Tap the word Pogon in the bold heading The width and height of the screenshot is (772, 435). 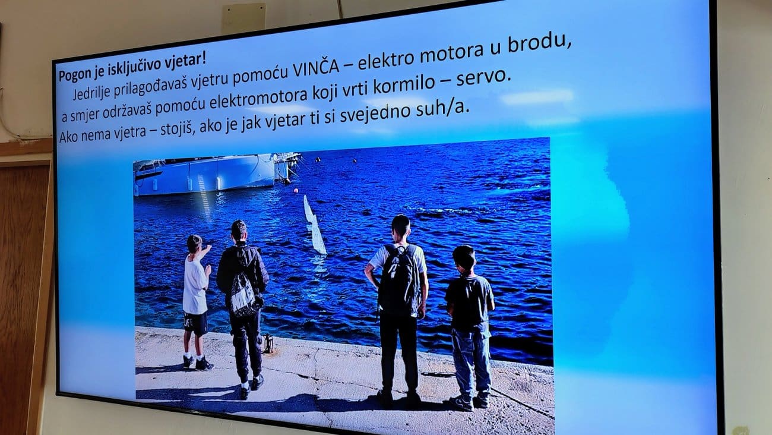(x=73, y=74)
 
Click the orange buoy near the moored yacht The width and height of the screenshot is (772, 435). (x=295, y=190)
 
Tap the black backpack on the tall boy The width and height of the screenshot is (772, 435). (x=400, y=280)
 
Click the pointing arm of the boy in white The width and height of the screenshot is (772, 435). (x=204, y=253)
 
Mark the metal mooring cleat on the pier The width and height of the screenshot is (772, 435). (x=268, y=343)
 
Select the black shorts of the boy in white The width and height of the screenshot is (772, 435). (x=195, y=324)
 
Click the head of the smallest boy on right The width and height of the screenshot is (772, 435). (x=464, y=258)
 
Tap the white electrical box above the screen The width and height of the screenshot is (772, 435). (x=243, y=18)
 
